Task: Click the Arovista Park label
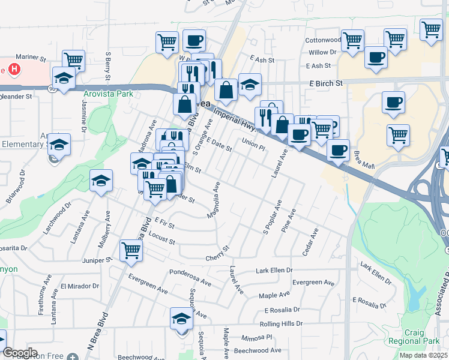[108, 94]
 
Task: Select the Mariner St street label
[32, 59]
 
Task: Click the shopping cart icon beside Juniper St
[130, 250]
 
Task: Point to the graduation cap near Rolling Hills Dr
[181, 319]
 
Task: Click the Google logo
[19, 353]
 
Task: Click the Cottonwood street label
[323, 40]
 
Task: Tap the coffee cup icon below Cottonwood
[376, 58]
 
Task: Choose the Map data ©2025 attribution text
[423, 355]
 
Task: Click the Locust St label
[162, 240]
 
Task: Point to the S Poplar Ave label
[273, 220]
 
